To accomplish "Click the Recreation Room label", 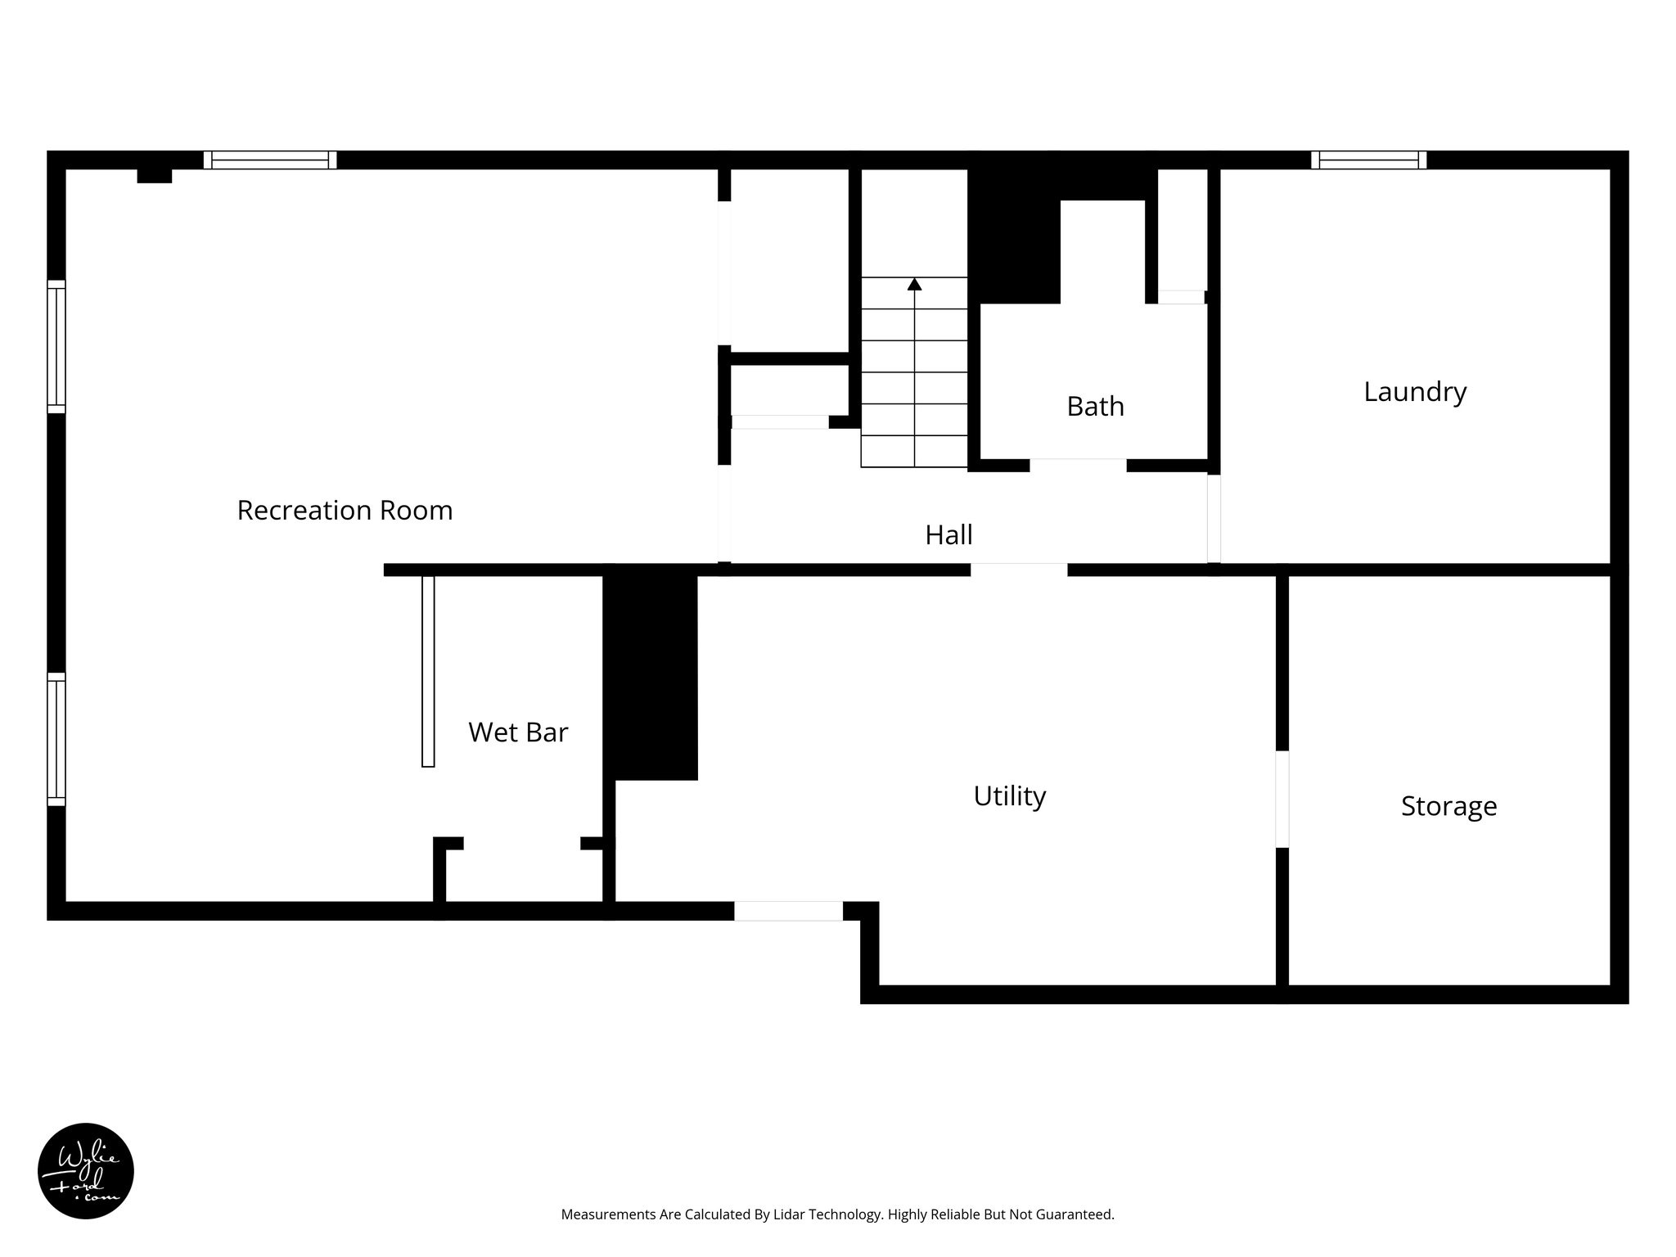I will click(345, 511).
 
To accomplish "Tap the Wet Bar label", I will click(517, 732).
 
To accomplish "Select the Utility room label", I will click(1009, 796).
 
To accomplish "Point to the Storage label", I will click(1448, 806).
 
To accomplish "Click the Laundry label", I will click(1414, 392).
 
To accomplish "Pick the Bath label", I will click(1095, 407).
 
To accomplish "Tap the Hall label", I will click(948, 535).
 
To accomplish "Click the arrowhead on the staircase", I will click(914, 284).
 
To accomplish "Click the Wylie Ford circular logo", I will click(86, 1170).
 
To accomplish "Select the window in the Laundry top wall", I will click(1368, 160).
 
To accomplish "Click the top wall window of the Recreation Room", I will click(270, 160).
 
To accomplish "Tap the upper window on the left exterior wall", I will click(56, 347).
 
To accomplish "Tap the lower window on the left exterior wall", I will click(56, 739).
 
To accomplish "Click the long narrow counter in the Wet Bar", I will click(428, 671).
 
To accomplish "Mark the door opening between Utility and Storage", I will click(1282, 799).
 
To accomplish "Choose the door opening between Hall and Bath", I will click(1078, 466).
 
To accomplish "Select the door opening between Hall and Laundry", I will click(1214, 518).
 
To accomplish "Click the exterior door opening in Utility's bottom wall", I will click(788, 911).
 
